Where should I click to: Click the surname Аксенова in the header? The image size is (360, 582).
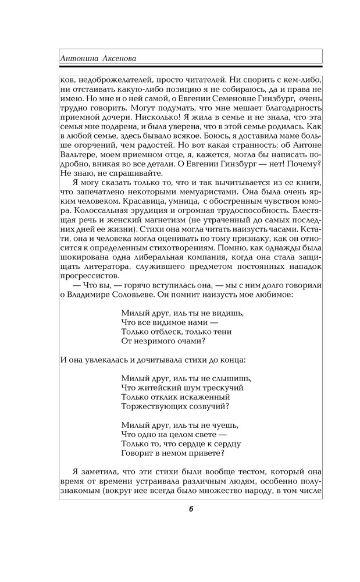point(124,59)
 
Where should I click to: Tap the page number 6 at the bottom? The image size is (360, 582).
point(191,509)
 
